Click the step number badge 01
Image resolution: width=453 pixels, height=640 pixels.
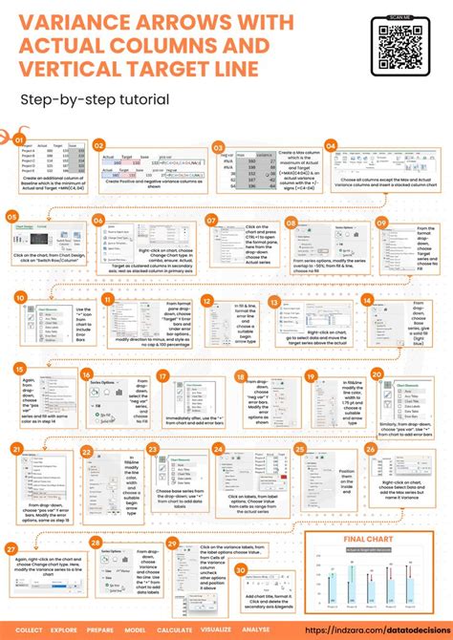(18, 139)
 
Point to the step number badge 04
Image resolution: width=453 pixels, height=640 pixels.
(332, 145)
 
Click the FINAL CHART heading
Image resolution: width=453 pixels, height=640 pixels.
(371, 540)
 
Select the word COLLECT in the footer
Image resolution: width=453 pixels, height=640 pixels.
(29, 631)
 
